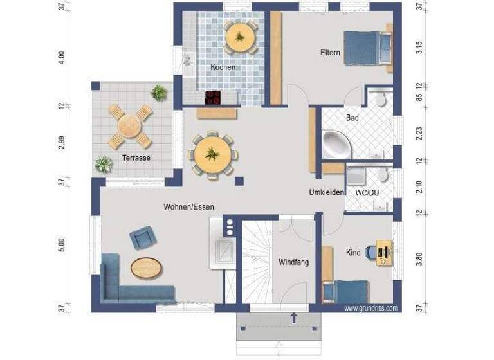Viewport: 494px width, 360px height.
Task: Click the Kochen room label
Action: coord(223,67)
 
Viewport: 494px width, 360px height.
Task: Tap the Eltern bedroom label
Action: coord(330,53)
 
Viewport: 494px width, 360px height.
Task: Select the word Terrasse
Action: coord(136,157)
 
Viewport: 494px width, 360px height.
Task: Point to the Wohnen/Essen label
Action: coord(188,207)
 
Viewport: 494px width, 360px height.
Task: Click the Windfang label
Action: coord(294,262)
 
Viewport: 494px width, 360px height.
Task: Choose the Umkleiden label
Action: coord(327,192)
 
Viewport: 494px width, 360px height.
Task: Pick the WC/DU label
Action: coord(368,192)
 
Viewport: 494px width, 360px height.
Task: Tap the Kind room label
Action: coord(353,253)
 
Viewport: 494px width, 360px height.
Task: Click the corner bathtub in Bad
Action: coord(336,145)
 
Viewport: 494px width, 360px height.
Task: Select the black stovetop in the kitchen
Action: coord(213,98)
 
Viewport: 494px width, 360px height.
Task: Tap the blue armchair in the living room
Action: coord(142,238)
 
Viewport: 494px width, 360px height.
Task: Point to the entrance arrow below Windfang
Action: coord(294,318)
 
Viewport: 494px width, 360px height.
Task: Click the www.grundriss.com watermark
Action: coord(371,309)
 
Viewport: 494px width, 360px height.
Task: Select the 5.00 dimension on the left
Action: coord(62,246)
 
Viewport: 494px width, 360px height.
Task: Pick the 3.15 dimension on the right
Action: coord(419,48)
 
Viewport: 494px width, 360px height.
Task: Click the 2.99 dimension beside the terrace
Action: coord(62,143)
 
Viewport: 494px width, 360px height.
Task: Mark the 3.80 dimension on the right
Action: coord(419,260)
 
